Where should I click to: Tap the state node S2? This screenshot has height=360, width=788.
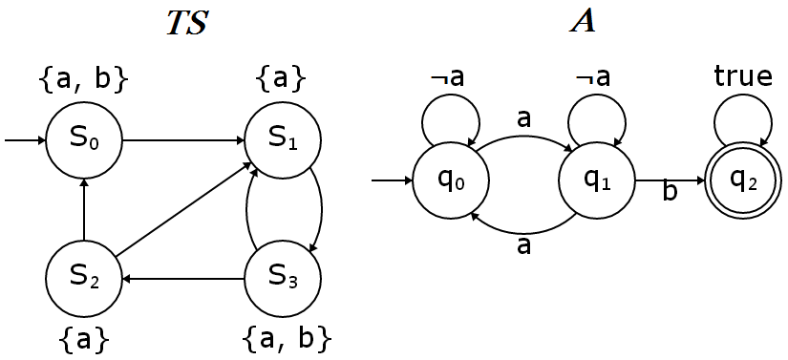[x=84, y=279]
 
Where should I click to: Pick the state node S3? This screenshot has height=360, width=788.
[x=284, y=279]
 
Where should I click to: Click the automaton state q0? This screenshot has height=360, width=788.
[x=451, y=180]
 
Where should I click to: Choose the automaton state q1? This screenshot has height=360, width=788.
[x=597, y=180]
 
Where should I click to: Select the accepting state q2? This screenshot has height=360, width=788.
[x=743, y=180]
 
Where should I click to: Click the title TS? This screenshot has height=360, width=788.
[x=187, y=24]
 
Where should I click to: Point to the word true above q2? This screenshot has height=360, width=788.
[x=743, y=76]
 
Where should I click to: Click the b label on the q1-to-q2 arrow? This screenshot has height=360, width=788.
[x=670, y=194]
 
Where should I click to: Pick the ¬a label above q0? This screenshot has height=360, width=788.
[x=447, y=77]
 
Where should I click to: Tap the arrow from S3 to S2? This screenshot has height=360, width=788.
[x=183, y=279]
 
